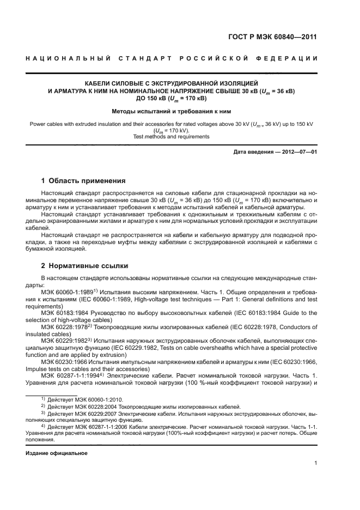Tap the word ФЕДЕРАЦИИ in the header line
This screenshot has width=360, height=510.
pos(293,58)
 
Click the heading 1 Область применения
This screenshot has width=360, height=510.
pos(84,181)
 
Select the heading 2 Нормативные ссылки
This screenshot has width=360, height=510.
pos(85,266)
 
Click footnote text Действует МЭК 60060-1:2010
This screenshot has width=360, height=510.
pos(78,399)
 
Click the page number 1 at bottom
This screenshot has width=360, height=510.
pos(316,463)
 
